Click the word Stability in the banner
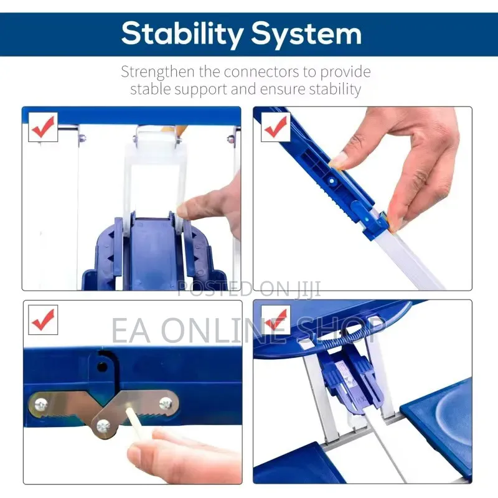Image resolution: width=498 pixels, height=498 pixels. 182,34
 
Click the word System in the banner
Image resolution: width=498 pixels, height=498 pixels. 307,34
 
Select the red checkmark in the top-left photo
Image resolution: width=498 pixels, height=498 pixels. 43,126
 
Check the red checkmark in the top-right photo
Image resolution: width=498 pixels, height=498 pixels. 276,126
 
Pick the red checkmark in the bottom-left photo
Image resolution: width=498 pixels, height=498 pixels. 43,319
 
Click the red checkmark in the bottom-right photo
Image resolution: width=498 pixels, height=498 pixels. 276,319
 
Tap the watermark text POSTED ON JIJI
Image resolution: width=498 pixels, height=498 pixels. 248,289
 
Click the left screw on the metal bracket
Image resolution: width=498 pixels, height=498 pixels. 41,405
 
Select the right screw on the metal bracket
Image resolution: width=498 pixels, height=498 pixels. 166,403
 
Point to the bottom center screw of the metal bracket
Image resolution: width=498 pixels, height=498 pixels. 103,426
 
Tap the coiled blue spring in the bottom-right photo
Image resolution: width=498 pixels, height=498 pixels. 349,337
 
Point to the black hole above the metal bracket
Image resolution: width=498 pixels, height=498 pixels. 102,367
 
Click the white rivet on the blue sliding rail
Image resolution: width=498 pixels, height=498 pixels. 332,181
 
